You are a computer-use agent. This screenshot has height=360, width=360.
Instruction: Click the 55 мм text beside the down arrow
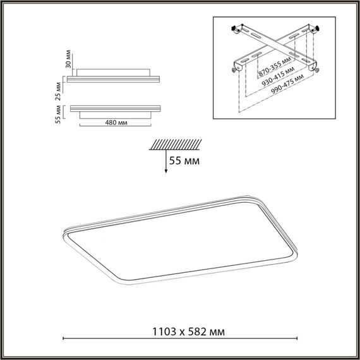coord(185,162)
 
